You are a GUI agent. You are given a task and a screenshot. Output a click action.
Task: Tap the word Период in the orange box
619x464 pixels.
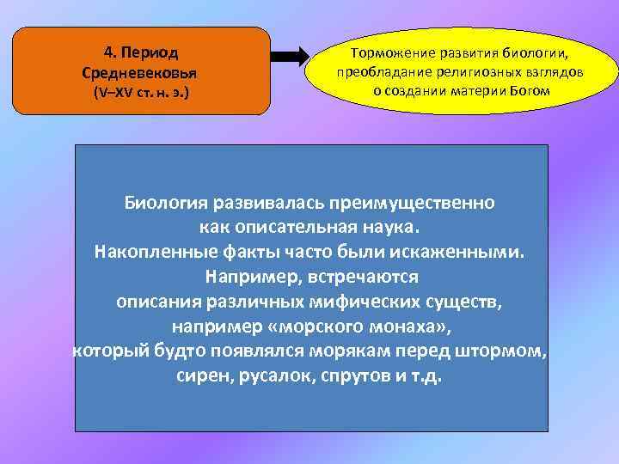coord(157,50)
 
